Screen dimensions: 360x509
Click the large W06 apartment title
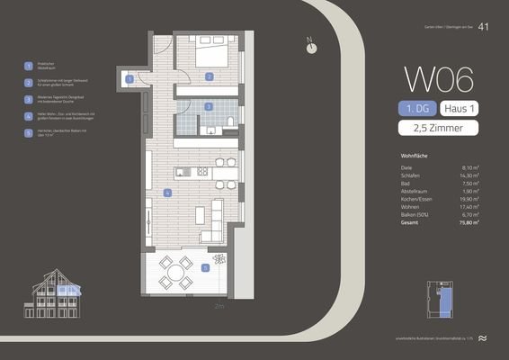439,80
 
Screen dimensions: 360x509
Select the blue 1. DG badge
417,108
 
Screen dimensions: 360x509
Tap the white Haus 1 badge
460,108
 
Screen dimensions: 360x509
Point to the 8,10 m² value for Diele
469,166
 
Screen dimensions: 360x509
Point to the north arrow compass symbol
311,48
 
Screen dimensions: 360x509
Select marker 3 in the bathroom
208,106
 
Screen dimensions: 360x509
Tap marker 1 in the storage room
131,79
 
